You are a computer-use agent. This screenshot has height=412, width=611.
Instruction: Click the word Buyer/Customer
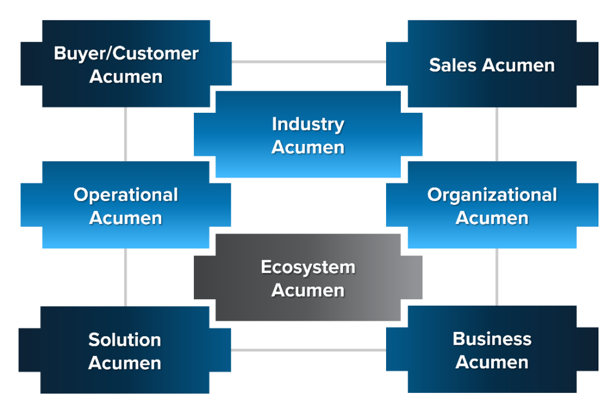126,54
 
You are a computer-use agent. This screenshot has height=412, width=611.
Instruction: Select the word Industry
308,124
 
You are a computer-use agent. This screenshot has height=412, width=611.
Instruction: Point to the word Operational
126,195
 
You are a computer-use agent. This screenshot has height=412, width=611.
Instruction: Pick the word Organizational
492,195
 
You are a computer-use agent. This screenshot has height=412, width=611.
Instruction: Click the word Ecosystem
308,267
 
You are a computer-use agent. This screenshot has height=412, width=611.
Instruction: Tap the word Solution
125,340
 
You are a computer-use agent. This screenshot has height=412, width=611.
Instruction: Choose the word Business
492,339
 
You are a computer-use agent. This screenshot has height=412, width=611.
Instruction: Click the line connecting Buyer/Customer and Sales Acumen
308,62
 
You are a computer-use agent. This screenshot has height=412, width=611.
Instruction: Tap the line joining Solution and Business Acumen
308,350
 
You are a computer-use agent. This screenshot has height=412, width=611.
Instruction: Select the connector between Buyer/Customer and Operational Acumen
126,134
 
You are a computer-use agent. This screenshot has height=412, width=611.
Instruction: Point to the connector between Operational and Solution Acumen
126,277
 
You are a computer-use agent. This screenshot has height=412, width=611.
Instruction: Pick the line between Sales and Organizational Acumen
497,134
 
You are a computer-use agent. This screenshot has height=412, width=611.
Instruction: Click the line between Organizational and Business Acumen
497,277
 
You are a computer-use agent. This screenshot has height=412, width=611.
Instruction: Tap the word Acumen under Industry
308,147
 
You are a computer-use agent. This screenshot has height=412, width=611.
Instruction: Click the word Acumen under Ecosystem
308,290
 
